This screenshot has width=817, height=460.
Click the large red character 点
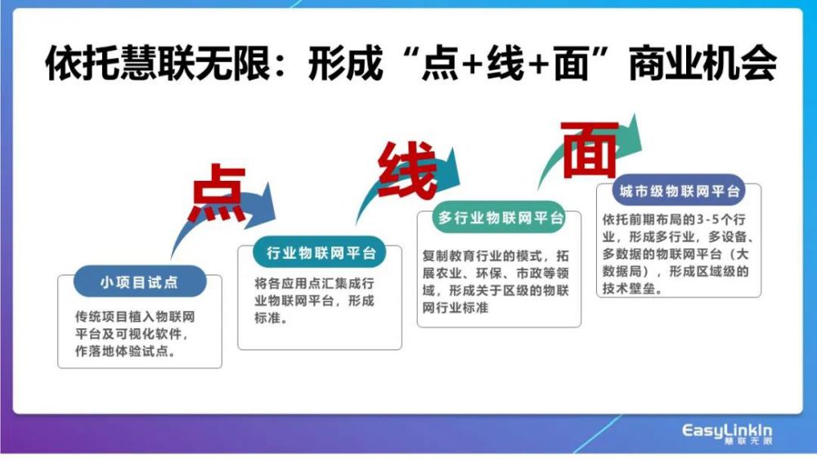pyautogui.click(x=218, y=192)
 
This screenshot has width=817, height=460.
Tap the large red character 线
pyautogui.click(x=408, y=170)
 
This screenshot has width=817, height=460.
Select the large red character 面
pyautogui.click(x=590, y=151)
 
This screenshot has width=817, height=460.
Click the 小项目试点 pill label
pyautogui.click(x=140, y=282)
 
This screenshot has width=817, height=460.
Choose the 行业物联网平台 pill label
pyautogui.click(x=320, y=252)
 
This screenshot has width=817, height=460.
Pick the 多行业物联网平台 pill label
pyautogui.click(x=499, y=218)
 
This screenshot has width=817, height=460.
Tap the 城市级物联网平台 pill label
pyautogui.click(x=679, y=191)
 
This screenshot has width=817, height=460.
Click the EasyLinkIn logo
pyautogui.click(x=727, y=434)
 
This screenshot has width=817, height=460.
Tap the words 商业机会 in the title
pyautogui.click(x=703, y=63)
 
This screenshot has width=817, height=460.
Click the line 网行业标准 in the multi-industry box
pyautogui.click(x=456, y=308)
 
